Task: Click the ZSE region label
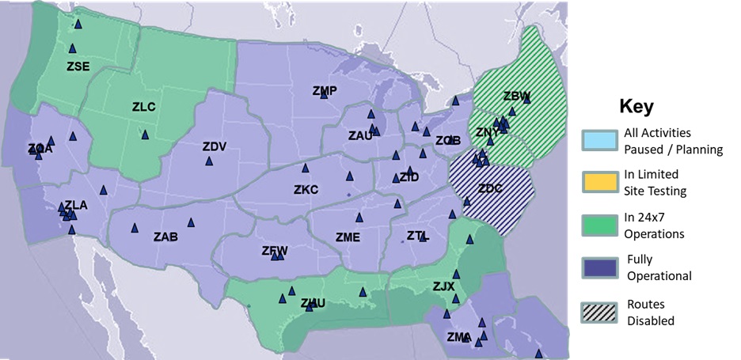point(78,66)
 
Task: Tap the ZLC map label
point(143,107)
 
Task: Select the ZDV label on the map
point(214,146)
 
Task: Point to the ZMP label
point(325,91)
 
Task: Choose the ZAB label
point(165,237)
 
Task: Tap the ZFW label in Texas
point(275,251)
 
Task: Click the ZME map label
point(348,237)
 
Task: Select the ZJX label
point(443,286)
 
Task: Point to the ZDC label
point(490,188)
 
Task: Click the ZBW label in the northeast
point(516,97)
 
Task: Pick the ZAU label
point(360,136)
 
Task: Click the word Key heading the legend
point(636,107)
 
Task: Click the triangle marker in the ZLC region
point(145,135)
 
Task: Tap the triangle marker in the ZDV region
point(209,161)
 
